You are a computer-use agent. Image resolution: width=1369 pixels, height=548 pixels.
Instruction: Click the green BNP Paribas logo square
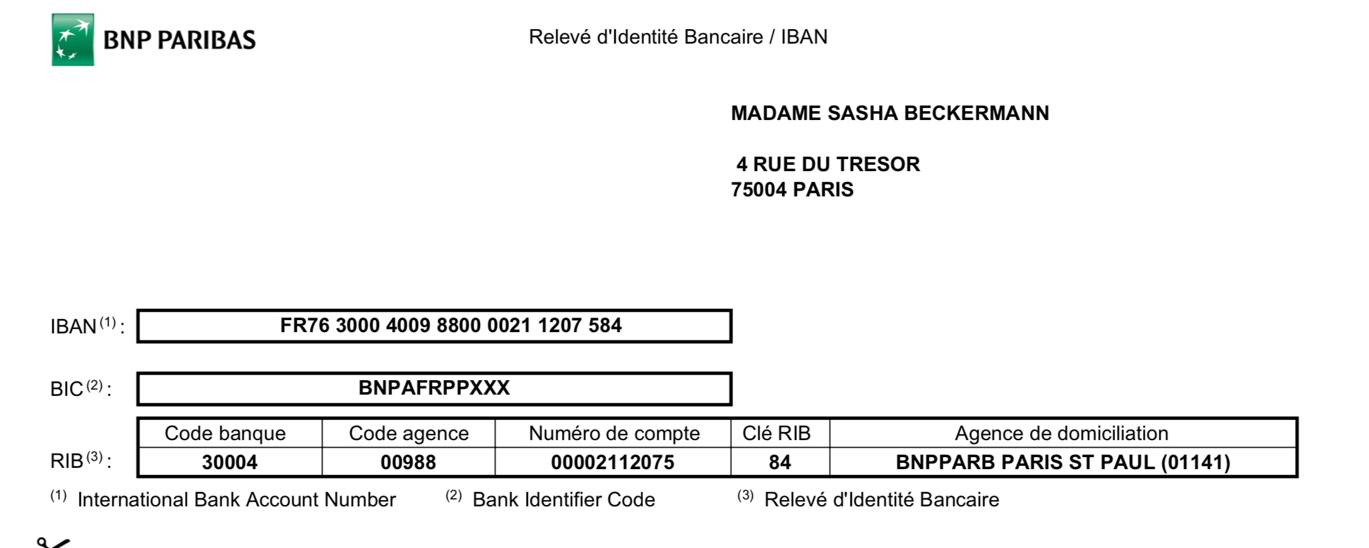(73, 40)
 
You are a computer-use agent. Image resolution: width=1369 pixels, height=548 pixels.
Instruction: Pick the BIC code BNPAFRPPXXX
(434, 388)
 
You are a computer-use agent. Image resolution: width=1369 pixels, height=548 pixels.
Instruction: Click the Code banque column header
(225, 434)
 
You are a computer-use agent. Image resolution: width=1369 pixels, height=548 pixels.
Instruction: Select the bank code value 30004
(229, 462)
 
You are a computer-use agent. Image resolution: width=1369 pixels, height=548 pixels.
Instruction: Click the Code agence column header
(409, 434)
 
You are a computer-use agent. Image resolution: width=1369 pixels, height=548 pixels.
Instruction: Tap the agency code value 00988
(408, 462)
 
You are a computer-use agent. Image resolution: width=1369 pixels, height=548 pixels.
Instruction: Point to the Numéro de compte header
(614, 434)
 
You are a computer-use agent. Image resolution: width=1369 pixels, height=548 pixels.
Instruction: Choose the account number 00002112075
(613, 462)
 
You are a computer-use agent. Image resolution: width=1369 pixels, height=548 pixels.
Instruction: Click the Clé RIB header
(776, 434)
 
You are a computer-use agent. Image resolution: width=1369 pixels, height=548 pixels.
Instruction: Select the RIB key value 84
(780, 462)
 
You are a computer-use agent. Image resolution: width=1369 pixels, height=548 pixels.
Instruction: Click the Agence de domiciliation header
(1061, 434)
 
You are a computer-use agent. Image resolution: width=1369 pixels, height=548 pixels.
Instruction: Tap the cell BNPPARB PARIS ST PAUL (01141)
(1063, 462)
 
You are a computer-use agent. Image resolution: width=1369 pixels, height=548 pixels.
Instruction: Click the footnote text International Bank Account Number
(236, 500)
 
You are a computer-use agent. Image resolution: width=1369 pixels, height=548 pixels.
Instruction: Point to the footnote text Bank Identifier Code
(563, 500)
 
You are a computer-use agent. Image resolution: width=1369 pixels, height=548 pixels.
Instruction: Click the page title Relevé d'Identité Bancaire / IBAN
(678, 37)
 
